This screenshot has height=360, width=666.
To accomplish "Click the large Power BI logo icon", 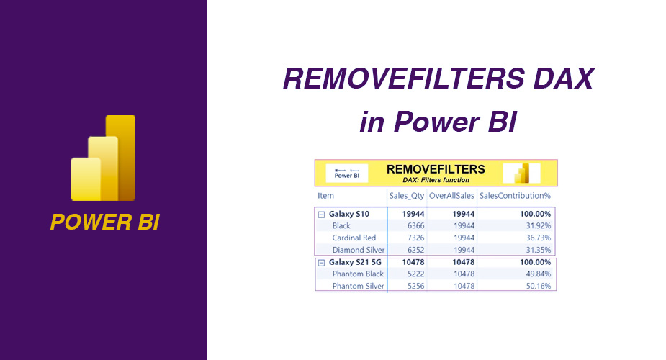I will coord(104,158).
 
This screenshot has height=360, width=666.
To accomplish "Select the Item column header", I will coord(326,196).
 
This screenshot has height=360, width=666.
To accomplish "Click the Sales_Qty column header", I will coord(407,196).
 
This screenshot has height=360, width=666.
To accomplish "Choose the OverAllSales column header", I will coord(451,196).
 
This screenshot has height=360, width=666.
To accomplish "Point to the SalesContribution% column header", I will coord(515,196).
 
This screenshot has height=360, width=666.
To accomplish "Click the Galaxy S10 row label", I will coord(348,214).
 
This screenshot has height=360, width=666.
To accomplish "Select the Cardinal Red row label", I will coord(354,238).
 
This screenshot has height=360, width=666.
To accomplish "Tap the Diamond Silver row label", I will coord(356,249).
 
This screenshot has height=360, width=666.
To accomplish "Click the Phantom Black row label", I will coord(358,274).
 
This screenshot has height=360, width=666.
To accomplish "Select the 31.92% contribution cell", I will coord(536,226).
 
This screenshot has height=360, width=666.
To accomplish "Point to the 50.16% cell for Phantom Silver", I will coord(536,286).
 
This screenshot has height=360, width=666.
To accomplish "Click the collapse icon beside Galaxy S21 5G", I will coord(321,263).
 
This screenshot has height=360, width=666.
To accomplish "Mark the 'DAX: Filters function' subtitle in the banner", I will coord(435,180).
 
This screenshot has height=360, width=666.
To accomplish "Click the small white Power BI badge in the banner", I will coord(346,173).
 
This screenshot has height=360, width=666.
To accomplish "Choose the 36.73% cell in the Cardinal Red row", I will coord(536,238).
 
